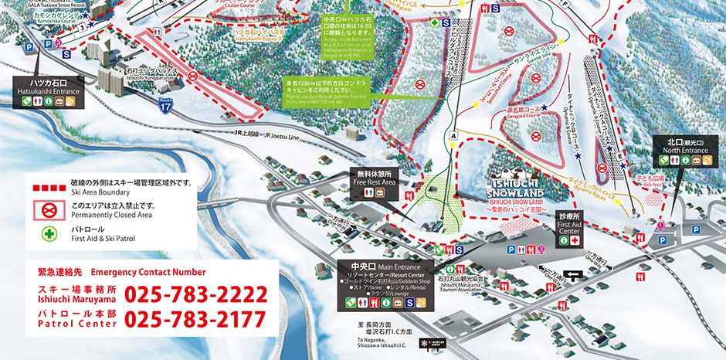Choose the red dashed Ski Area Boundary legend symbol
[46, 186]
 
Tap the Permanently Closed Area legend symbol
[46, 209]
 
